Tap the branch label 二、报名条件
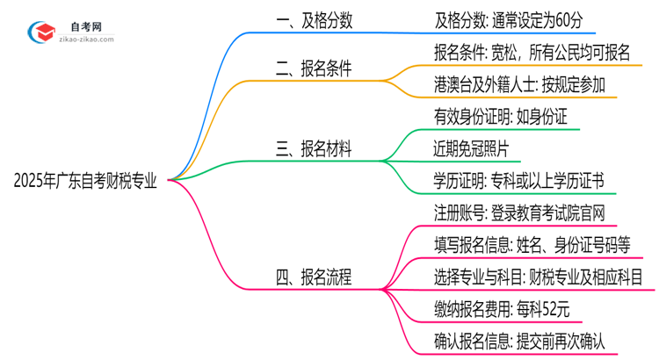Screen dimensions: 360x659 pos(314,68)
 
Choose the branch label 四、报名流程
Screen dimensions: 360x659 pos(314,278)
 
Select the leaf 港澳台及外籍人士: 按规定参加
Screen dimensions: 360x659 pos(519,84)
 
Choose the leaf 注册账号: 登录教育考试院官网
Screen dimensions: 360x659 pos(519,212)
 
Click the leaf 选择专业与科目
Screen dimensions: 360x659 pos(539,277)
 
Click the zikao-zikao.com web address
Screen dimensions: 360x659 pos(86,41)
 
